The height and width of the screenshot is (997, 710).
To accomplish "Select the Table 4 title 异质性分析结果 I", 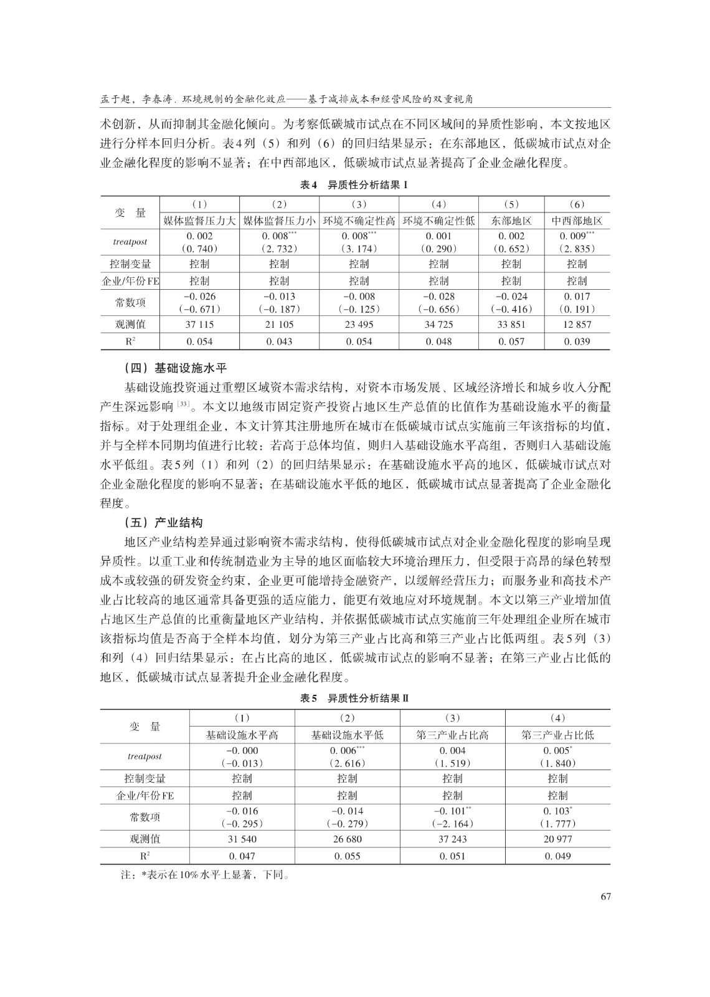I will (x=354, y=185).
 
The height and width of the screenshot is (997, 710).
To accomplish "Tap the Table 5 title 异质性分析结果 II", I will (x=354, y=699).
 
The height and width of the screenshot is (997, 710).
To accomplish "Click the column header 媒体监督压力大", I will (x=199, y=221).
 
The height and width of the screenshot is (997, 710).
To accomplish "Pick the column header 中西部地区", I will (x=577, y=221).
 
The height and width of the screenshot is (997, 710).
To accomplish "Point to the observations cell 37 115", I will (x=199, y=325).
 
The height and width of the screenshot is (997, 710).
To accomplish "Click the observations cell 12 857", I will (x=577, y=325).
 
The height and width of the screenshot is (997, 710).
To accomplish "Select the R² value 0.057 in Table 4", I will (x=511, y=341).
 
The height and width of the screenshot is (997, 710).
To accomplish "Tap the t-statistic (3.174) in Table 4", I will (x=359, y=249).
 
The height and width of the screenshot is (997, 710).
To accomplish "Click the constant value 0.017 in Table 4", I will (x=577, y=297).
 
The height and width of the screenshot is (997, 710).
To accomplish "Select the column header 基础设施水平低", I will (x=347, y=735).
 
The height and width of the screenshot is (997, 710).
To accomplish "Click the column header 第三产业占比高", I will (x=452, y=735).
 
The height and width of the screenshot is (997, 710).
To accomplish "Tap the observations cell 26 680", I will (x=347, y=839).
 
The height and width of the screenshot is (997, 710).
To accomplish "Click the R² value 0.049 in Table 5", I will (x=557, y=856).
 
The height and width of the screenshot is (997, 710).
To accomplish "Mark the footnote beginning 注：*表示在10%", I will (x=205, y=875).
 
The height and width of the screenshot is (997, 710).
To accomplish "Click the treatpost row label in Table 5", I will (x=144, y=756).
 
